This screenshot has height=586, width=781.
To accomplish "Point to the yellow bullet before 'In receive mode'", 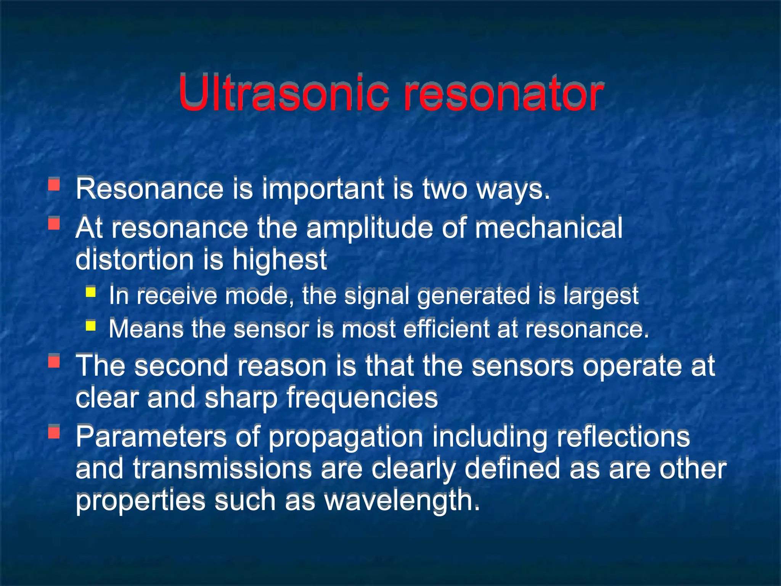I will [x=91, y=292].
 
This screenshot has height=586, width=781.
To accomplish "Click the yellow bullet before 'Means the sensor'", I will [x=91, y=325].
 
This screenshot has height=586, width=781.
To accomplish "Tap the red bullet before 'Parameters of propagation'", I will [x=54, y=432].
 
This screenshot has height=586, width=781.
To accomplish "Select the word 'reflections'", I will [x=623, y=437].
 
